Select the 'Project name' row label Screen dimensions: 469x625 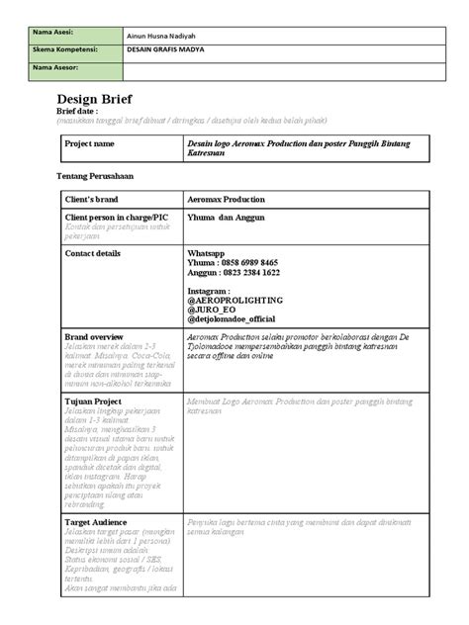point(89,144)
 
